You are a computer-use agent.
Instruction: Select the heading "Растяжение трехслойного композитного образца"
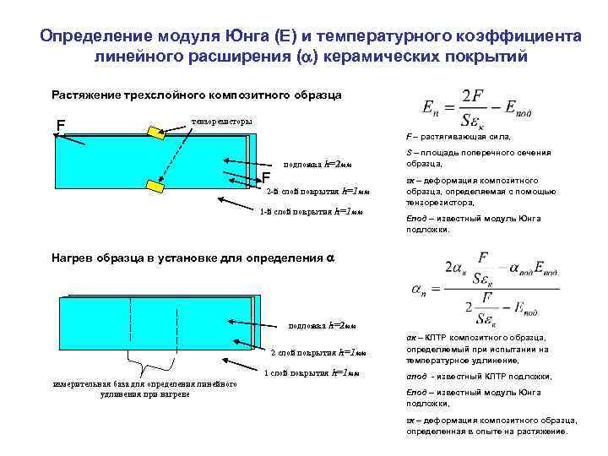pyautogui.click(x=197, y=95)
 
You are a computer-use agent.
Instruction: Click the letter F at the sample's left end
pyautogui.click(x=60, y=127)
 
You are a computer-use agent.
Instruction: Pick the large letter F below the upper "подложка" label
pyautogui.click(x=266, y=177)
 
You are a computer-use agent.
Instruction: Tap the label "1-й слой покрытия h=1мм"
pyautogui.click(x=311, y=211)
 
